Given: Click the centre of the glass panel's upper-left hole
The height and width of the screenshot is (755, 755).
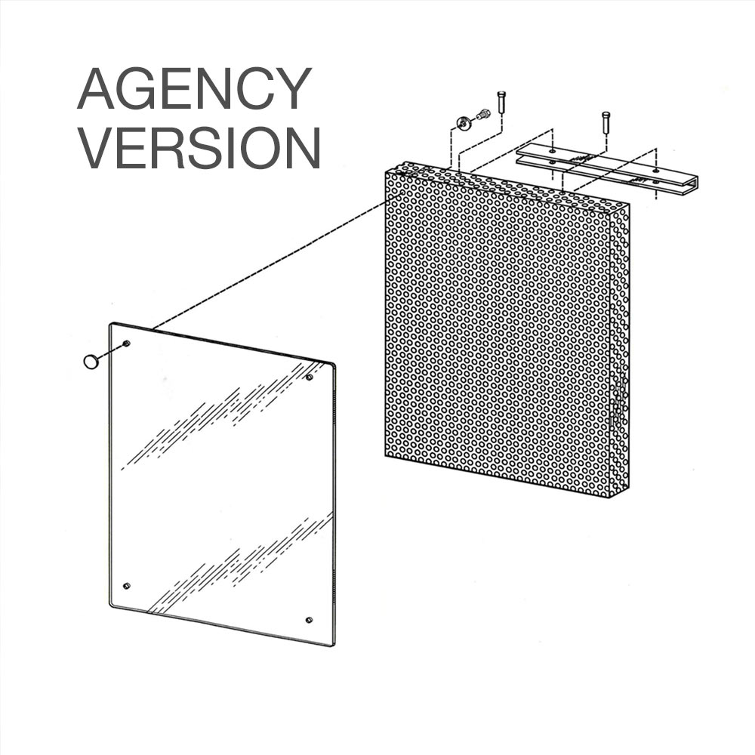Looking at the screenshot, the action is pos(127,343).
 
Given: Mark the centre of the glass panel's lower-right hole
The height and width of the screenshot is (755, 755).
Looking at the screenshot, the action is pos(309,619).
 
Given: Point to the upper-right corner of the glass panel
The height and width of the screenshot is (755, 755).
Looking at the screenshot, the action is pos(335,363).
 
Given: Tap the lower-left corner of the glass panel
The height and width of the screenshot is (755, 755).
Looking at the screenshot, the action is pos(109,604).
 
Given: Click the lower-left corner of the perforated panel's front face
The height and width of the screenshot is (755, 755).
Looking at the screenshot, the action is pos(385,456).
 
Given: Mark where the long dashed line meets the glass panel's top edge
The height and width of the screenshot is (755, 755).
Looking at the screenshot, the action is pos(153,329).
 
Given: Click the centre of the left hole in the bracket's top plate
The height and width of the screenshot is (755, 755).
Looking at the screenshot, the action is pos(552,151).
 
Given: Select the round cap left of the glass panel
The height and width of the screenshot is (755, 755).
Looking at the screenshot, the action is pos(91,361).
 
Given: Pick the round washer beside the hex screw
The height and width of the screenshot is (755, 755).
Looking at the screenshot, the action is pos(464,122).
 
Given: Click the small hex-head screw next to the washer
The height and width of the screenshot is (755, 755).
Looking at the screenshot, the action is pos(482,115).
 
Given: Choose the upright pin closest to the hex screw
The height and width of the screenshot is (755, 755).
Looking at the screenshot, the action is pos(501,102).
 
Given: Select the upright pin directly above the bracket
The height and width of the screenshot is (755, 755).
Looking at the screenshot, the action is pos(606,122).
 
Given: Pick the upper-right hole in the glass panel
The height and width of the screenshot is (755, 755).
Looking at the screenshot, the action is pos(309,377).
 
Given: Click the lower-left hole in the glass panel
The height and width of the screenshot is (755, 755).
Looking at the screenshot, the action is pos(127,586).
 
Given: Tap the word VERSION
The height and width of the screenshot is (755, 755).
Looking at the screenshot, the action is pos(199,147).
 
